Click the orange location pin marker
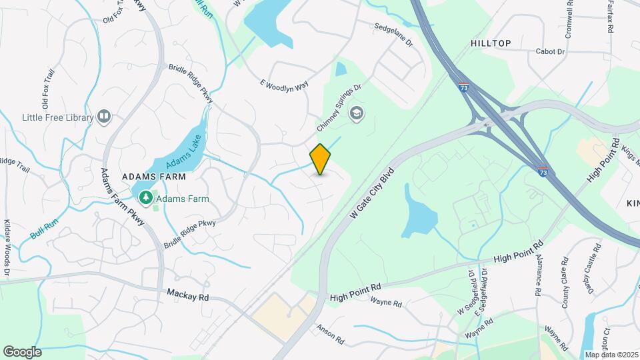[320, 159]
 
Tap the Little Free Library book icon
[104, 117]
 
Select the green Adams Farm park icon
[145, 198]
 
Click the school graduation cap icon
[357, 113]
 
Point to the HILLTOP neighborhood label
[491, 43]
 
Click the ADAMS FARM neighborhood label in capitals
[153, 177]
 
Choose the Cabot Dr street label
[550, 51]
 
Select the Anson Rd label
[331, 334]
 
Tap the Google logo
[22, 351]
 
